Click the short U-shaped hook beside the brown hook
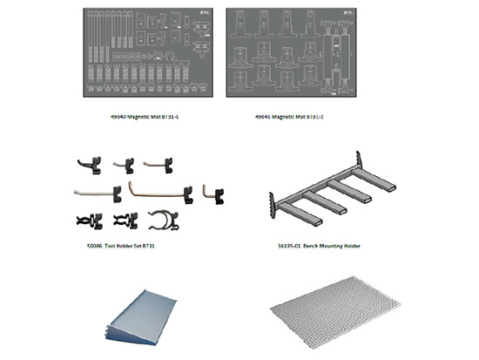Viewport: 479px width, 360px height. pyautogui.click(x=214, y=189)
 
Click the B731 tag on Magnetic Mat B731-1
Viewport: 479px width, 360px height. pyautogui.click(x=206, y=14)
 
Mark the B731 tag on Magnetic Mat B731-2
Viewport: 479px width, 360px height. pyautogui.click(x=349, y=14)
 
